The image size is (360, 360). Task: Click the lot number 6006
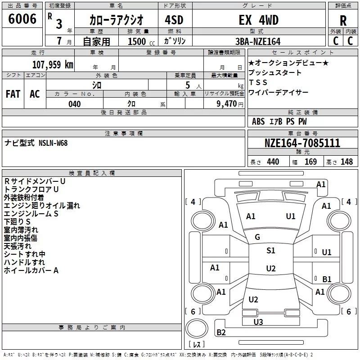(22, 19)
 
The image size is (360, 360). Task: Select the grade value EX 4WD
(258, 20)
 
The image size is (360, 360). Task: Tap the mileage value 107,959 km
(53, 65)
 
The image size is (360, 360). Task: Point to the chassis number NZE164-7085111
(302, 143)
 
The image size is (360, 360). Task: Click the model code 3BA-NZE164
(258, 41)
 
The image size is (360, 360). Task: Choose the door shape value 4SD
(174, 20)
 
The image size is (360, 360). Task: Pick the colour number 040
(75, 104)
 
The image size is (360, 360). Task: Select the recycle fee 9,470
(227, 104)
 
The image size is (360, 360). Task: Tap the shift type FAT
(13, 94)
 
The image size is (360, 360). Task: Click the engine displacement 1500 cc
(141, 41)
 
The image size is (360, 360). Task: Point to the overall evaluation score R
(343, 21)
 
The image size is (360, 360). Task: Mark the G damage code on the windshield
(257, 237)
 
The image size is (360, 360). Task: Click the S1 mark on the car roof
(271, 251)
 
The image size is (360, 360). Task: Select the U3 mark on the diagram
(258, 322)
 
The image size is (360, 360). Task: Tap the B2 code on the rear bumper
(221, 332)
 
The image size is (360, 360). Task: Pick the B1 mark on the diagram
(327, 279)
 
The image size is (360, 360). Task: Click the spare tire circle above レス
(197, 328)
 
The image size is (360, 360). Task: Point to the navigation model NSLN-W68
(53, 143)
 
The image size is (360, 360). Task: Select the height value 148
(346, 162)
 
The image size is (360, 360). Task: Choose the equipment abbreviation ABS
(258, 121)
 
